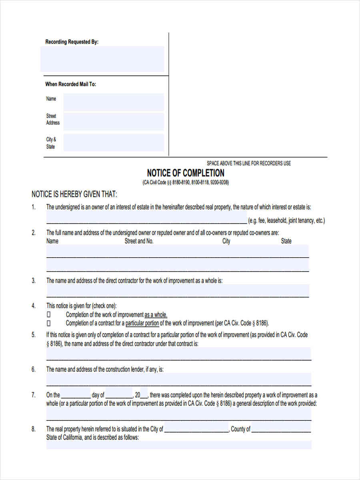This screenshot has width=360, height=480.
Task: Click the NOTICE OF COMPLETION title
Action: (x=186, y=173)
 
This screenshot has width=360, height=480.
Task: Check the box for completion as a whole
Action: (x=49, y=315)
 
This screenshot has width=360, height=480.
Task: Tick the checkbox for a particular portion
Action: (x=49, y=323)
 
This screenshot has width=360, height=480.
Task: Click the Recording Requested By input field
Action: (x=102, y=59)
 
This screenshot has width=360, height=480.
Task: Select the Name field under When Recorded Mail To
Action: (x=114, y=102)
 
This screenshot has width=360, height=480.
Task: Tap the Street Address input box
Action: (x=114, y=121)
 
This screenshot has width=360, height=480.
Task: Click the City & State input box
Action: (x=114, y=142)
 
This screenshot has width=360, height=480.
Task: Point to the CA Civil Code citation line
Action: (x=186, y=183)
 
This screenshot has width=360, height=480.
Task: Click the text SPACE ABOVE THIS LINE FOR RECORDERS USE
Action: (x=248, y=163)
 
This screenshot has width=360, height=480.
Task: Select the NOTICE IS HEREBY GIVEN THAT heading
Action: (x=74, y=194)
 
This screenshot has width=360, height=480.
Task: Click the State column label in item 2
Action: (x=286, y=241)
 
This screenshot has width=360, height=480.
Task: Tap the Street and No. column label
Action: (x=139, y=241)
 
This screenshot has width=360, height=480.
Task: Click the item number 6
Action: (x=34, y=370)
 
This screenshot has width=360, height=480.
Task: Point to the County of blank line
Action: (x=281, y=430)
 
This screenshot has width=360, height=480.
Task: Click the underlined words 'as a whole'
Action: (x=156, y=315)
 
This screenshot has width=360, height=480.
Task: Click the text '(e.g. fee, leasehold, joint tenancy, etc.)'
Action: (x=286, y=220)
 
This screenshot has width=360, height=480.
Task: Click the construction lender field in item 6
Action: (x=178, y=379)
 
